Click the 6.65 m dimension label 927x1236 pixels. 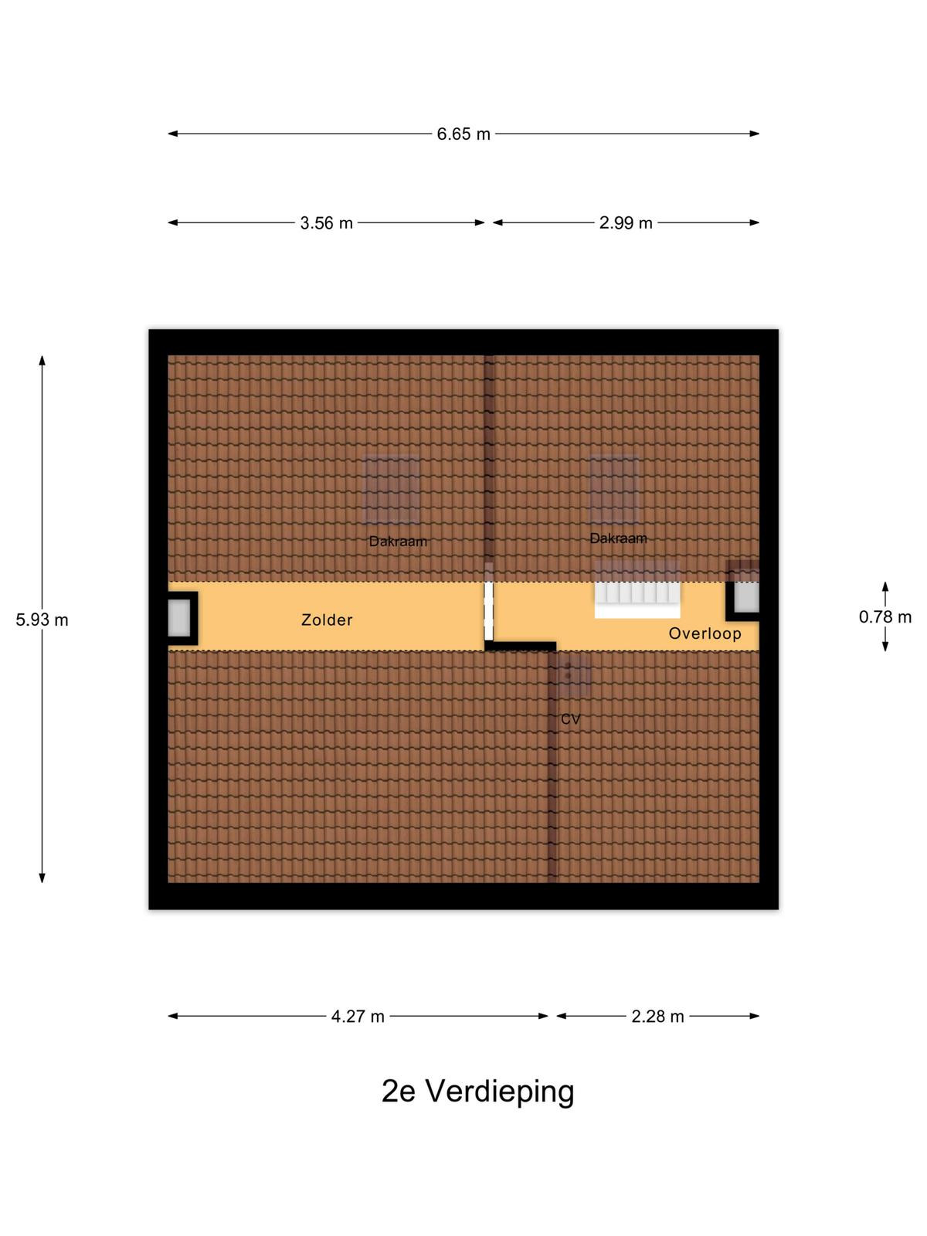tap(463, 134)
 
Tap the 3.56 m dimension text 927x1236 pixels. tap(326, 223)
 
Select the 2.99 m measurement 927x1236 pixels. tap(625, 223)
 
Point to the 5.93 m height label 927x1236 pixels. tap(42, 620)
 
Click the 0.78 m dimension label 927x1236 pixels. tap(885, 617)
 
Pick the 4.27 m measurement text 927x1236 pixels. tap(358, 1017)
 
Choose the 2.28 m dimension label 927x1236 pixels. tap(657, 1017)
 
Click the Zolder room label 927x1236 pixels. tap(327, 620)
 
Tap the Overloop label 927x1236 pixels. tap(705, 633)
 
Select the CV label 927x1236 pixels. tap(570, 719)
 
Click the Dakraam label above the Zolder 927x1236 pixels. tap(398, 542)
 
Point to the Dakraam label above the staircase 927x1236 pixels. tap(618, 538)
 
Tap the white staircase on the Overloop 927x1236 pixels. tap(637, 590)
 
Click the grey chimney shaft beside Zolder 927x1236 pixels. tap(179, 618)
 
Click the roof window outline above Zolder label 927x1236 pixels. tap(391, 489)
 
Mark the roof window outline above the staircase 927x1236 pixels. tap(614, 489)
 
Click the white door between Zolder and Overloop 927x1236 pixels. tap(488, 610)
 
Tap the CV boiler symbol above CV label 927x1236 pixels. tap(573, 676)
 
